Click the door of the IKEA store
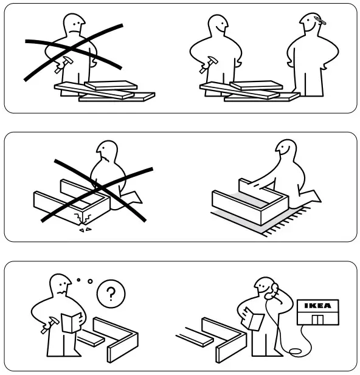[317, 320]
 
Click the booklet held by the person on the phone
[255, 318]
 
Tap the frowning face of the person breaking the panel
[105, 156]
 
